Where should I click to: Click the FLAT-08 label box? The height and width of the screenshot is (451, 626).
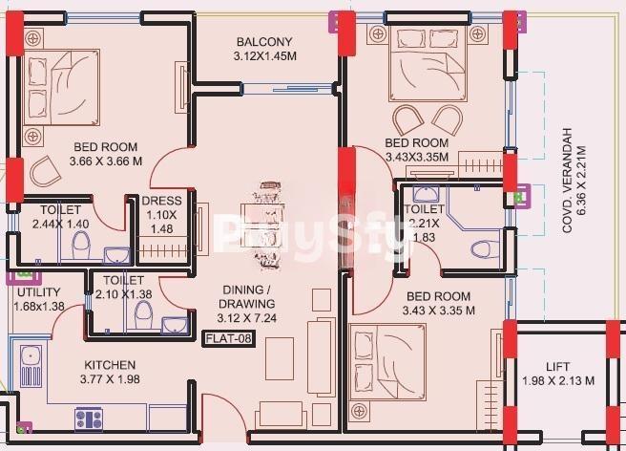(228, 338)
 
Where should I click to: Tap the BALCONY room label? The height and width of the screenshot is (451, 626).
(264, 42)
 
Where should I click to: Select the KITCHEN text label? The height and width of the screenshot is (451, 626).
(110, 365)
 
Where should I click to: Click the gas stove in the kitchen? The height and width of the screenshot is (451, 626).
(89, 419)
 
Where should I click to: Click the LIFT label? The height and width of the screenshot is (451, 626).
(557, 366)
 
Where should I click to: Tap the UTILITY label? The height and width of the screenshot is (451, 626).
(39, 291)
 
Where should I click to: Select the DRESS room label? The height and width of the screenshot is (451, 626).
(161, 201)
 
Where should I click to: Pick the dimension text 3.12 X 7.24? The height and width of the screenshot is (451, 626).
(247, 318)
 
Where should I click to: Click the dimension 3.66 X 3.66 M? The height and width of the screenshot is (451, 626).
(106, 161)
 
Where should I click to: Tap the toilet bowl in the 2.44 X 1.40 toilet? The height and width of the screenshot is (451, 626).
(81, 245)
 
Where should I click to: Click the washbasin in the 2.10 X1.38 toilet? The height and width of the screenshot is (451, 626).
(175, 325)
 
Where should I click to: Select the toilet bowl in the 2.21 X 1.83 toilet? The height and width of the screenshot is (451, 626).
(485, 249)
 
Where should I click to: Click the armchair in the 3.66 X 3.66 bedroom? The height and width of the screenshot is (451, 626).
(45, 172)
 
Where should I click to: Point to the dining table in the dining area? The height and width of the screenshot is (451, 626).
(262, 225)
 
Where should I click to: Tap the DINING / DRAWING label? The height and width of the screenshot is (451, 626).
(247, 296)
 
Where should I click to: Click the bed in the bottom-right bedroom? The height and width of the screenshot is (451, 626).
(387, 362)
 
